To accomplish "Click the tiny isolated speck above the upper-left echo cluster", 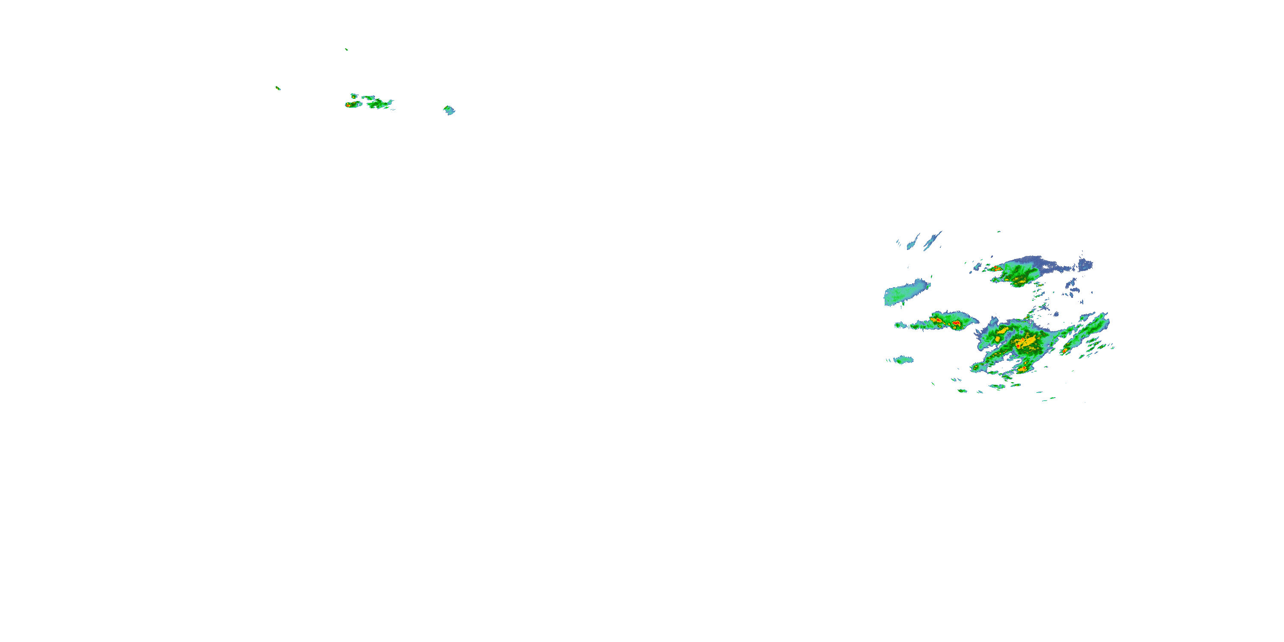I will pos(346,49).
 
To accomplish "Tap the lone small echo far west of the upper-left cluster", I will pos(278,88).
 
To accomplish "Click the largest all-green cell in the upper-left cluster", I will pos(380,104).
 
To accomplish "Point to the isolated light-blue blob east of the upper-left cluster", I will pos(449,110).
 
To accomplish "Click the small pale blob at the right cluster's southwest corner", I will pos(903,360).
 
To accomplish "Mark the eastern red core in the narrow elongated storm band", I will pos(956,324).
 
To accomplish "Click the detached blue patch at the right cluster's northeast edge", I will pos(1085,265).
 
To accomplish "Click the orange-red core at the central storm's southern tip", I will pos(1021,369).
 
